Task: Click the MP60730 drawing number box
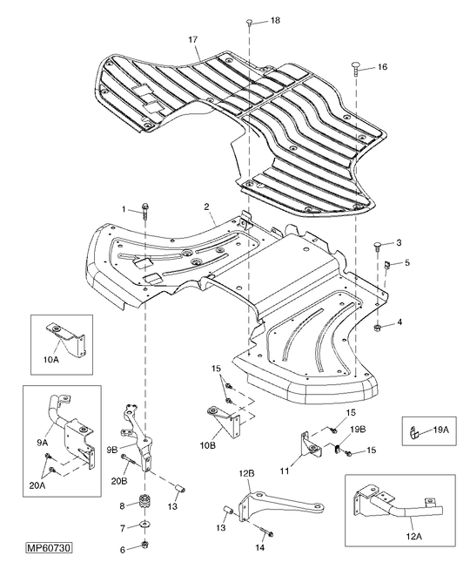pyautogui.click(x=49, y=547)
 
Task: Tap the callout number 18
pyautogui.click(x=275, y=20)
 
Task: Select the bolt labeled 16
pyautogui.click(x=355, y=69)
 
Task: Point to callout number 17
pyautogui.click(x=192, y=39)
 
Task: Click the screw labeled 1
pyautogui.click(x=145, y=211)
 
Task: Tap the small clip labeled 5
pyautogui.click(x=386, y=266)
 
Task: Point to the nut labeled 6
pyautogui.click(x=145, y=544)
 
